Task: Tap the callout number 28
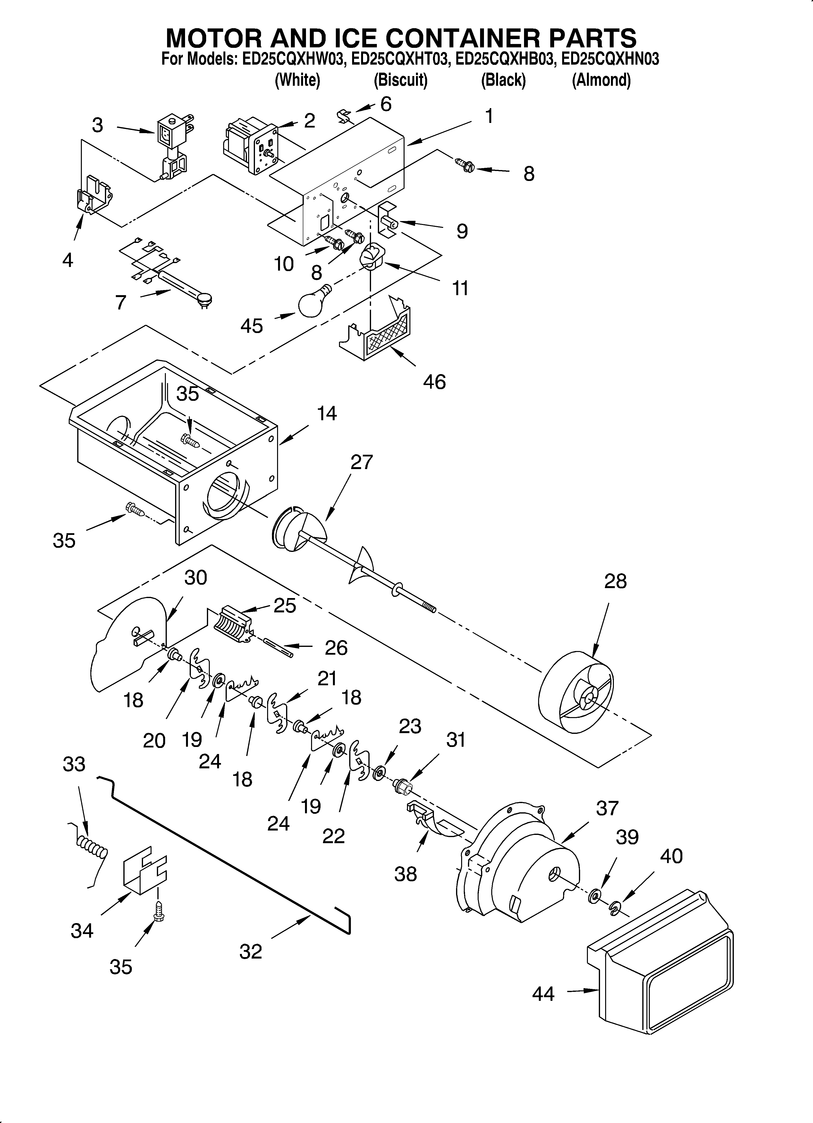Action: click(x=615, y=581)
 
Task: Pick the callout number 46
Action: click(x=434, y=382)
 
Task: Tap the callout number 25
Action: click(x=285, y=606)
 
